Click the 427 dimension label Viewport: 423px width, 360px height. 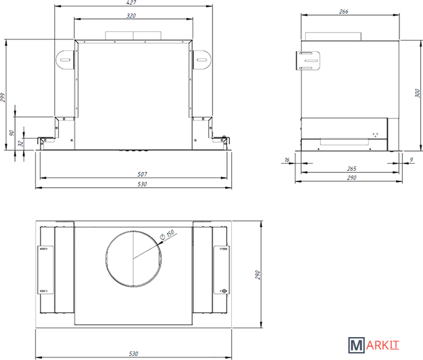[131, 3]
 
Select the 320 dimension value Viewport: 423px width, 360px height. [131, 16]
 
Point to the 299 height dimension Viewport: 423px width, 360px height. [3, 98]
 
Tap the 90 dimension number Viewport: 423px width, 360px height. [12, 133]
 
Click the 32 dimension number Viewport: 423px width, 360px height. [21, 143]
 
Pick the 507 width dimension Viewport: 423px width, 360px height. [142, 174]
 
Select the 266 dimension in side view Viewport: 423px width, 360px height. [344, 11]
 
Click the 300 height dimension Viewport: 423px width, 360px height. [417, 93]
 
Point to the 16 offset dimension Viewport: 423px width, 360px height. [287, 160]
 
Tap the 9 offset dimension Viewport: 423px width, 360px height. [411, 160]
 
